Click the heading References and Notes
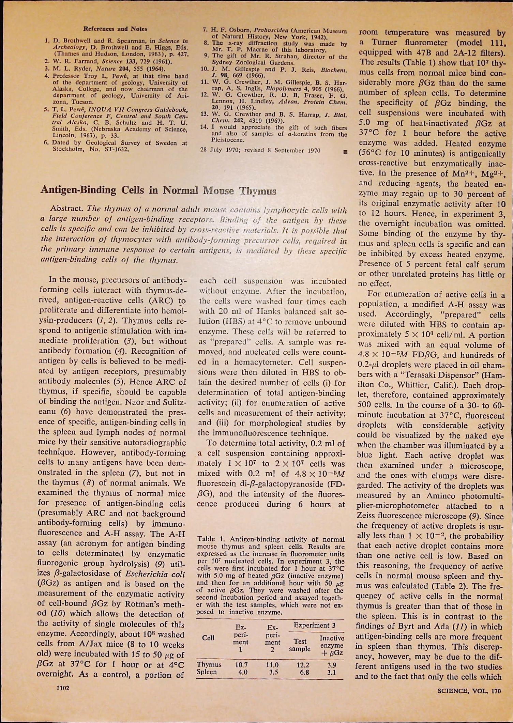click(x=115, y=29)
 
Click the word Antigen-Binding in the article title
click(x=78, y=190)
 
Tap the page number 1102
click(x=63, y=688)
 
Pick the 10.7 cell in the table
click(x=241, y=665)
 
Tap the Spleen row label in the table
click(x=207, y=672)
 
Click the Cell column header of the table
click(x=208, y=638)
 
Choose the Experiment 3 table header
click(x=315, y=625)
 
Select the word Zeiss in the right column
click(x=364, y=517)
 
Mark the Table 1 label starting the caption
click(x=211, y=539)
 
